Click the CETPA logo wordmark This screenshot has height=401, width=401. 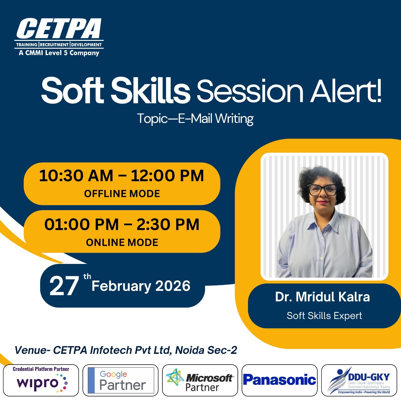59,28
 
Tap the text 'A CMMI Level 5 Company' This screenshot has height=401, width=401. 59,53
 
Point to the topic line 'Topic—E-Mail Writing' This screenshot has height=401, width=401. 195,119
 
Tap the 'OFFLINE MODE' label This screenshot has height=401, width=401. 122,194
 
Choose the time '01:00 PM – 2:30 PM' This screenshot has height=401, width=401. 122,224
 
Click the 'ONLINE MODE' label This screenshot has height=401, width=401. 122,242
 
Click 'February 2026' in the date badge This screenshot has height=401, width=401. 141,286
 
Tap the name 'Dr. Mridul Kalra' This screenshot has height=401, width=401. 323,297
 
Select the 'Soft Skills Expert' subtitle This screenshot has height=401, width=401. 324,316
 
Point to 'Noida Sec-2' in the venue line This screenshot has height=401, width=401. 206,350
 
